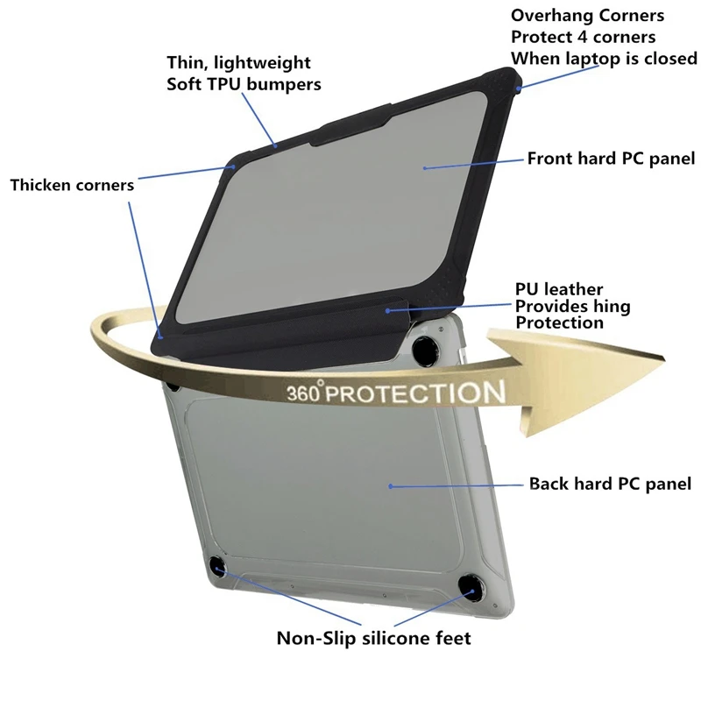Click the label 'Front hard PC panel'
tap(611, 159)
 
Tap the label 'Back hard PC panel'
tap(610, 484)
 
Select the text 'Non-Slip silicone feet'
tap(374, 638)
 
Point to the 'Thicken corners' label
tap(73, 185)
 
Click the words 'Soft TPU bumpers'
tap(244, 84)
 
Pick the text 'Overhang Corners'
tap(587, 16)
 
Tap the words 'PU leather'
tap(559, 289)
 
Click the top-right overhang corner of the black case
tap(517, 86)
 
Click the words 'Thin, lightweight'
tap(239, 63)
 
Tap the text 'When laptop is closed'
tap(604, 58)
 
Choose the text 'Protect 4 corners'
tap(584, 37)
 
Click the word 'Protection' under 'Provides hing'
tap(559, 322)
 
